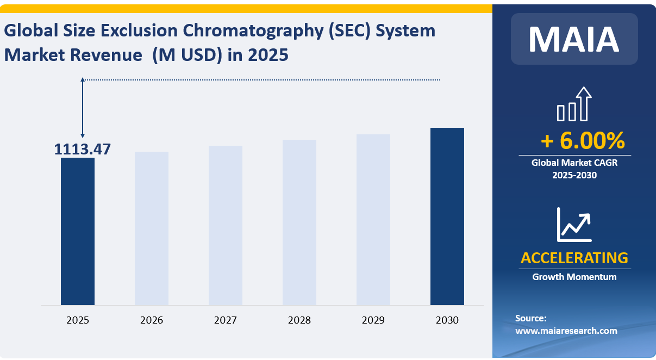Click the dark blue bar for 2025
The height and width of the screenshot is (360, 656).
coord(78,231)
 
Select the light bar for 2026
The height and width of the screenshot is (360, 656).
coord(152,228)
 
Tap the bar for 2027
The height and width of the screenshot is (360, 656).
coord(226,225)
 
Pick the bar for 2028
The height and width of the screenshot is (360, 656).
coord(299,222)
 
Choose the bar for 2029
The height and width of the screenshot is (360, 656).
coord(373,219)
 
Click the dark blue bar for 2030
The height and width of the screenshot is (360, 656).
coord(447,216)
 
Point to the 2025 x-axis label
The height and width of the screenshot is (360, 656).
coord(78,320)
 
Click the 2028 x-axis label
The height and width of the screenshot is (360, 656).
coord(299,320)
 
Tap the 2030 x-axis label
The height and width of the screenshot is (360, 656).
coord(447,320)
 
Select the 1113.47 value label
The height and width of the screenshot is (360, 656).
coord(82,149)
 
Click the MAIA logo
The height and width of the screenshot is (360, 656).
coord(574,39)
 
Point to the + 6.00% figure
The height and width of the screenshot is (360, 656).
coord(582,141)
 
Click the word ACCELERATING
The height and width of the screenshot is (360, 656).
coord(574,257)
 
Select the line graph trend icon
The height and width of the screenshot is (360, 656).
coord(574,225)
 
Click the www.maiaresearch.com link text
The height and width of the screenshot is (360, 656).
coord(566,331)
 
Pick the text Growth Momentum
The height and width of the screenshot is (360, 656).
coord(574,277)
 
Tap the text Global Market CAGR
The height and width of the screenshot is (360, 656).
coord(574,162)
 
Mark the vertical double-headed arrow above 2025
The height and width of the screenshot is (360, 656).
coord(83,108)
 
